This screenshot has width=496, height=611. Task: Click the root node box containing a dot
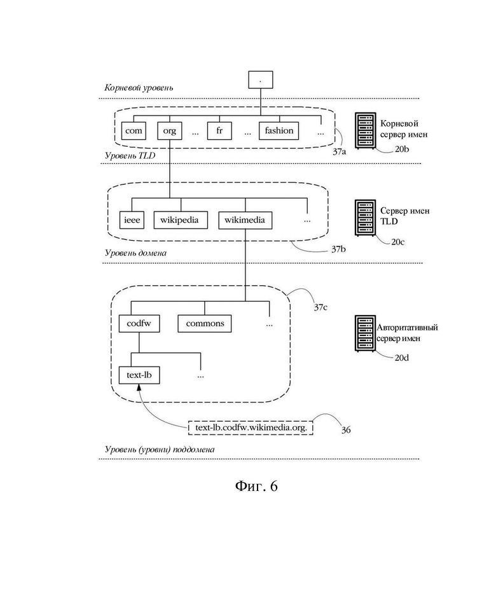261,80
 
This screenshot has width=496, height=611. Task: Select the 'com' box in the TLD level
134,131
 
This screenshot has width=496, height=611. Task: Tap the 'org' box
169,131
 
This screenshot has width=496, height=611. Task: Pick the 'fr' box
219,131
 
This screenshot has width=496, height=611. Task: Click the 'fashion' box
279,131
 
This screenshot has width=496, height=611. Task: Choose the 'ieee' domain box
132,220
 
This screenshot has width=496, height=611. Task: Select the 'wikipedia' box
181,220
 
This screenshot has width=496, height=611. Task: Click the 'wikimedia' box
245,220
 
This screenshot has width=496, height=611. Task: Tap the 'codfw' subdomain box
139,323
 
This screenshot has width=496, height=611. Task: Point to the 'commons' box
205,323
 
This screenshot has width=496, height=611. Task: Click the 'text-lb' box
139,375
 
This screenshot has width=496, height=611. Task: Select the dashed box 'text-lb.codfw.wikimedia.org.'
251,428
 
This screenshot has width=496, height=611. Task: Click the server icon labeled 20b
366,131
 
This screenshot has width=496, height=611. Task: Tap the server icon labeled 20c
366,218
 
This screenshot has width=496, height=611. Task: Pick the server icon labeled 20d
366,333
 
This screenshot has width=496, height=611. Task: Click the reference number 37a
339,152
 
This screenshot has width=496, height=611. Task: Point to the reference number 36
346,430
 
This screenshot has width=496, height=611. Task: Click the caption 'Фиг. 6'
256,486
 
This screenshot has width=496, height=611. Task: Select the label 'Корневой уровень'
139,88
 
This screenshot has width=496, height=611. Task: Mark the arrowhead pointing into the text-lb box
139,387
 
